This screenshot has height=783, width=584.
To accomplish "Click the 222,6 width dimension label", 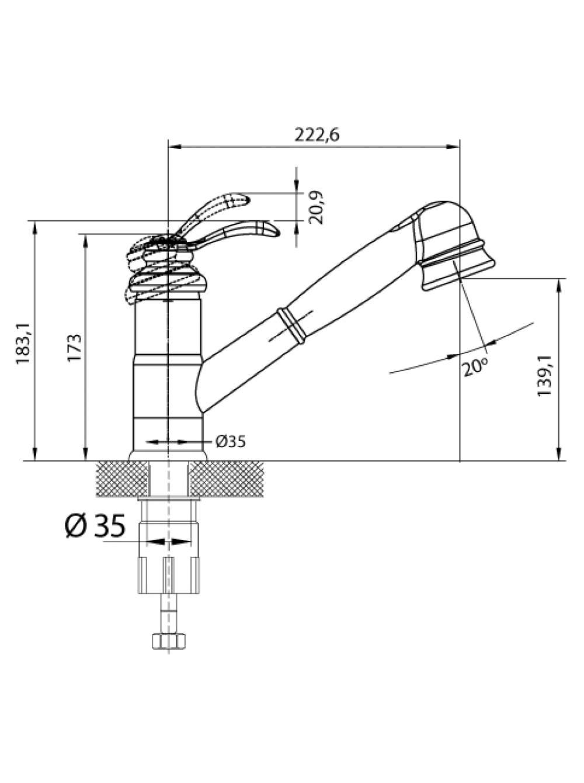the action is point(316,135).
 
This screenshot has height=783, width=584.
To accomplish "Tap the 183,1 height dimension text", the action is point(23,344).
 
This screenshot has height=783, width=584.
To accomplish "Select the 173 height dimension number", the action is point(75,348).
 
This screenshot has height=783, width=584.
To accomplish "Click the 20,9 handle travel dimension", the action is point(316,207).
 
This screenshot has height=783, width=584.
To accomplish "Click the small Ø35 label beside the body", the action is point(231,442).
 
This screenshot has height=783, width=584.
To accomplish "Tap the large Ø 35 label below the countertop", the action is point(96,525).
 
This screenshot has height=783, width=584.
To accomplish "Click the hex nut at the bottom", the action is point(169,641).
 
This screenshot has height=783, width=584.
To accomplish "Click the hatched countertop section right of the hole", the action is point(227,479).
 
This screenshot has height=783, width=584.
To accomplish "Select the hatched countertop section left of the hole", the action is point(123,479).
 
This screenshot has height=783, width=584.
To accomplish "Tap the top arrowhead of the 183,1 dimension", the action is point(35,227).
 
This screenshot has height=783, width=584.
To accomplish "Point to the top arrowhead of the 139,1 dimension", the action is point(559,285).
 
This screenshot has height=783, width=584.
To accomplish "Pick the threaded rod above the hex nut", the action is point(169,613).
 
